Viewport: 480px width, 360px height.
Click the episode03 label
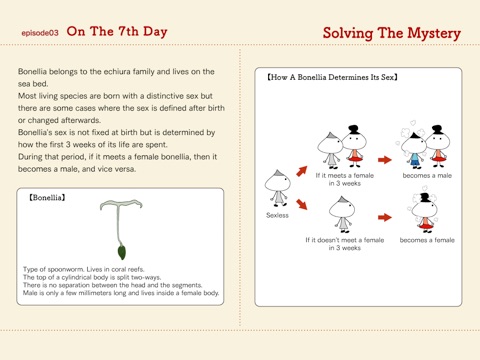click(40, 33)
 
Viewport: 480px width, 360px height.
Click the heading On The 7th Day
click(117, 32)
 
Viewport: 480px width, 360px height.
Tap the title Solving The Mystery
click(392, 33)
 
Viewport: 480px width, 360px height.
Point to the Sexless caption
click(277, 215)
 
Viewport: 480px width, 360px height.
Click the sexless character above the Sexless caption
click(278, 188)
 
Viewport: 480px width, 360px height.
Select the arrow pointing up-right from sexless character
click(302, 171)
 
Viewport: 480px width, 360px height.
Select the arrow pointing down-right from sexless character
click(302, 204)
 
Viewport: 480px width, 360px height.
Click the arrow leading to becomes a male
click(385, 160)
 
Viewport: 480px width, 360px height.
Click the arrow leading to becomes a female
click(385, 217)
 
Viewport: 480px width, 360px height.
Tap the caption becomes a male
click(427, 176)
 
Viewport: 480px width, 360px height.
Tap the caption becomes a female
click(427, 240)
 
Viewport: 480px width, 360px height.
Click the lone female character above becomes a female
click(424, 212)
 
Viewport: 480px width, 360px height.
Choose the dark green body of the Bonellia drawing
click(122, 252)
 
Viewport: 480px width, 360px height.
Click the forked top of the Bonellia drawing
click(121, 203)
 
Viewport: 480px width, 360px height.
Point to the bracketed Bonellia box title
click(47, 198)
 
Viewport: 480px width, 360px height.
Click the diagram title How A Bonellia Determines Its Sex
click(332, 77)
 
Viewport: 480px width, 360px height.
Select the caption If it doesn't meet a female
click(345, 240)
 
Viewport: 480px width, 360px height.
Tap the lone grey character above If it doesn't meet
click(342, 214)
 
